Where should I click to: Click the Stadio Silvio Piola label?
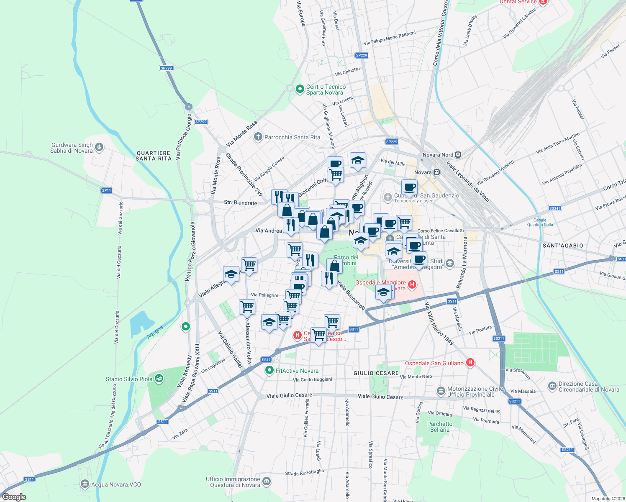129,379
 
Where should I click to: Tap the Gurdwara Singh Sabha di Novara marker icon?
99,147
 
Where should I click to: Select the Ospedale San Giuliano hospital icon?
470,363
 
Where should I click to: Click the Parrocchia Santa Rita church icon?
258,137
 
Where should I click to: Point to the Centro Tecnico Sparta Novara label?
326,90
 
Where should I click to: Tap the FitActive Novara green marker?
270,370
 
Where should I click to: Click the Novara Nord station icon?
458,155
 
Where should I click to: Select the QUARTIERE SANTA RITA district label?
153,156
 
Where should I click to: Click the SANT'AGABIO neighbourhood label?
563,246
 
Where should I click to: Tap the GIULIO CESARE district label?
376,373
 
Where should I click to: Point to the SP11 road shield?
107,190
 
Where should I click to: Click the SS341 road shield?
554,208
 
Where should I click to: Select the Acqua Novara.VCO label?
116,484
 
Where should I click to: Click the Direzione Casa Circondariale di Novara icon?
552,385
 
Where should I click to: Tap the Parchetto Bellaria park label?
440,427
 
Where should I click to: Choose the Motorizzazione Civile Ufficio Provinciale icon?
441,391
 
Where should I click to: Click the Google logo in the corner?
14,497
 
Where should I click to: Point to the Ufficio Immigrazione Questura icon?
267,482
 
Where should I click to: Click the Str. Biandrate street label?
240,202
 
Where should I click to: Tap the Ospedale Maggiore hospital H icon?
412,285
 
